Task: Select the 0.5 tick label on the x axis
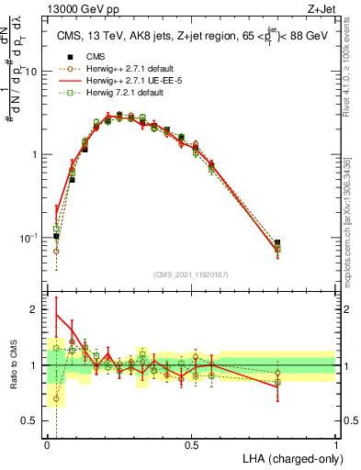point(191,445)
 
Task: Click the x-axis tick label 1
point(336,445)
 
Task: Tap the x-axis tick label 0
point(47,445)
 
